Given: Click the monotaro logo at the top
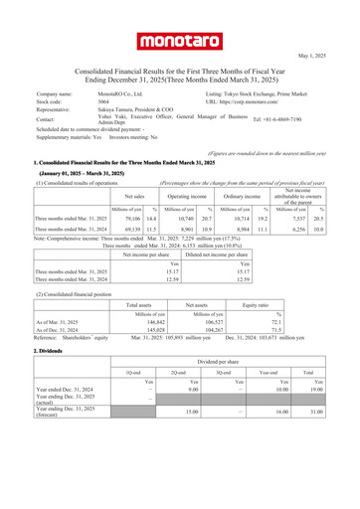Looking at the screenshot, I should click(x=179, y=40).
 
